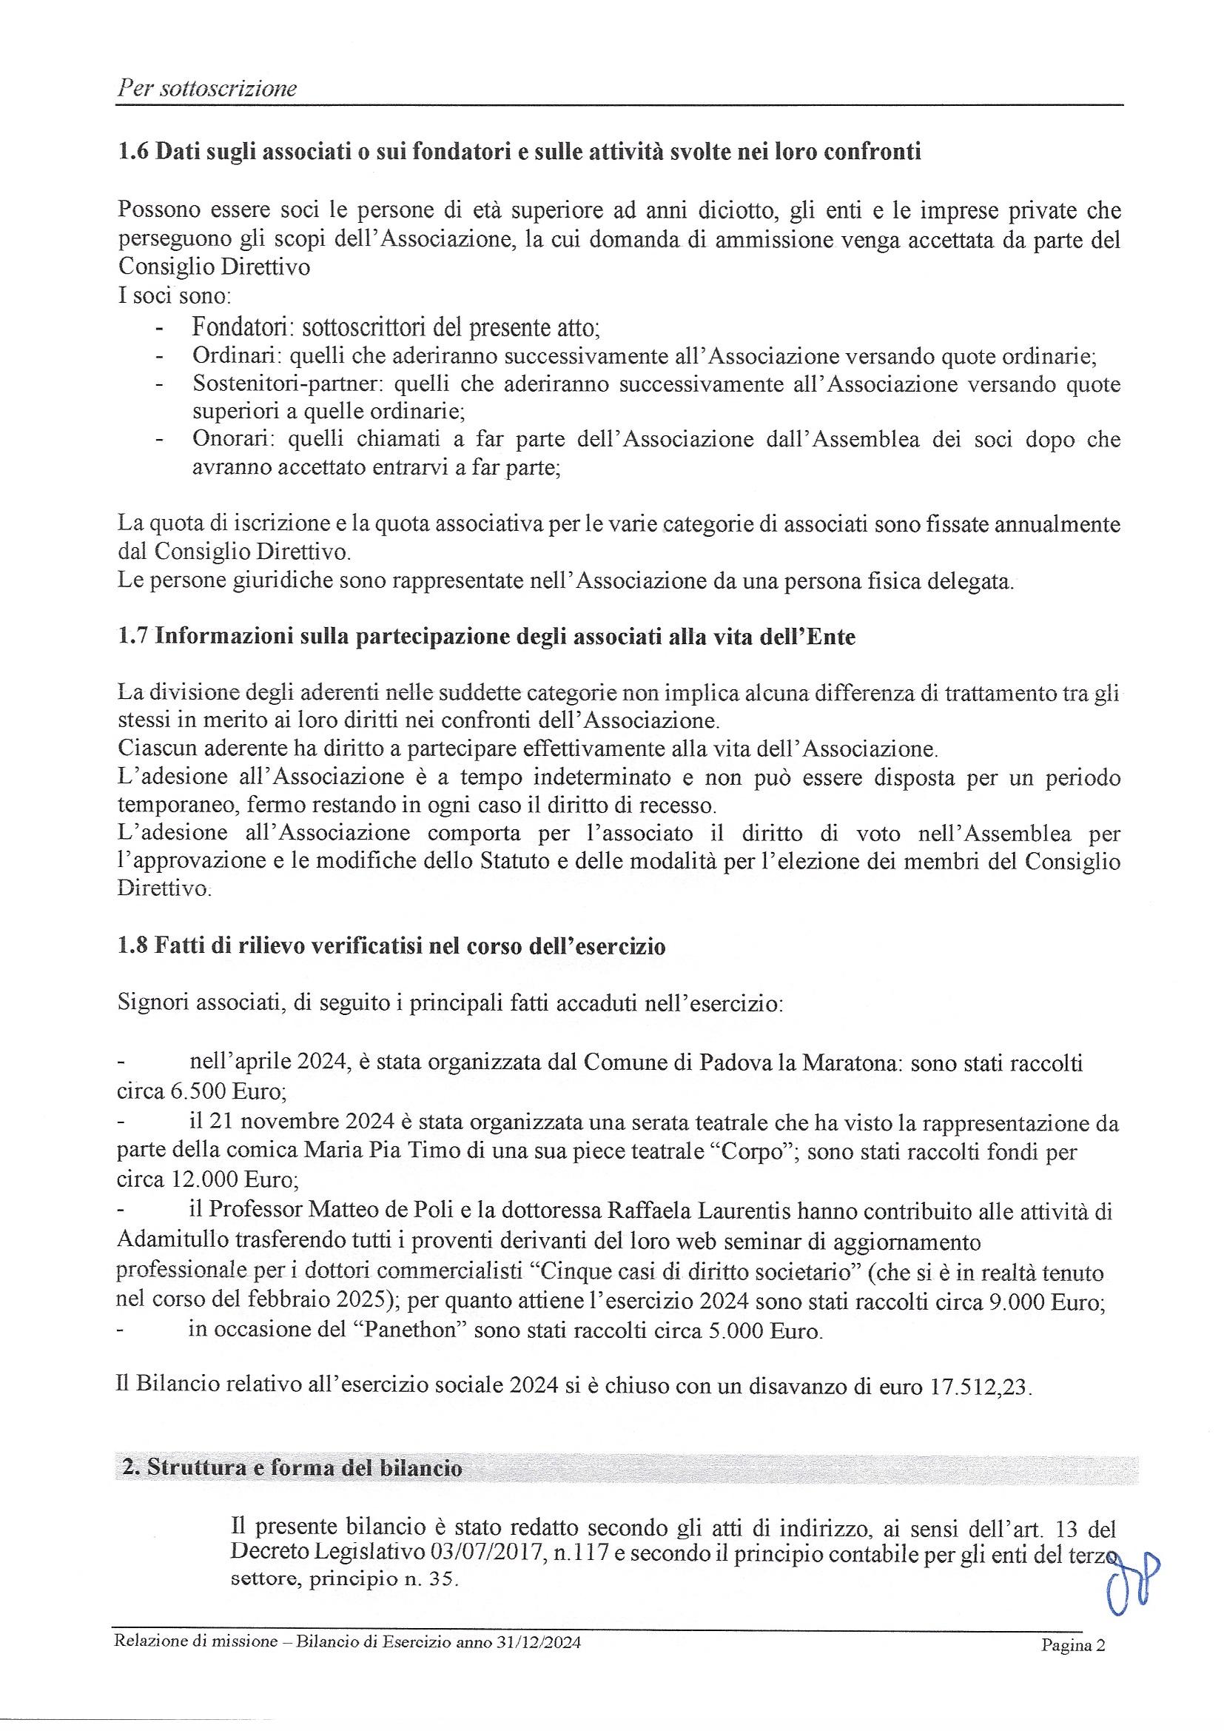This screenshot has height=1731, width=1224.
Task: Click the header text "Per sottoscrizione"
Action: click(206, 89)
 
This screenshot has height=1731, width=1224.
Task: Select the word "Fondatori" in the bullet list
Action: click(237, 327)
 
